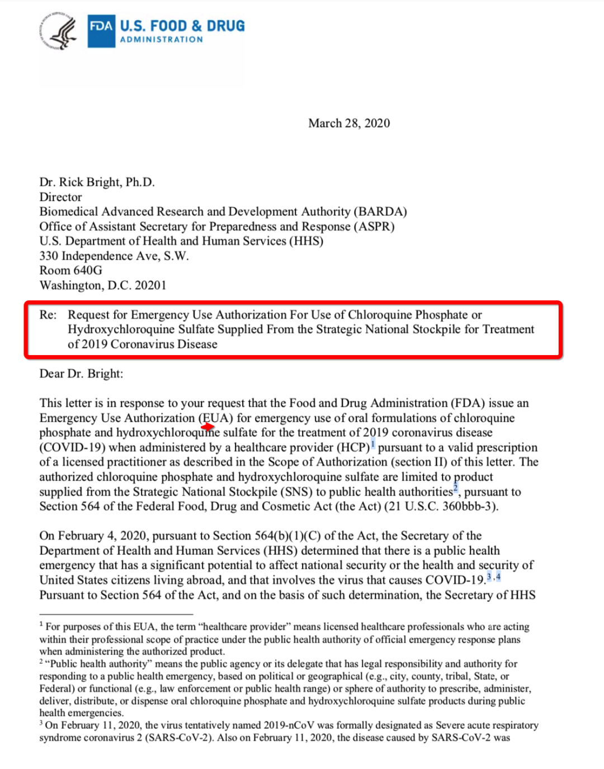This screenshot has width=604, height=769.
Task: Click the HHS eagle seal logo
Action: pyautogui.click(x=58, y=31)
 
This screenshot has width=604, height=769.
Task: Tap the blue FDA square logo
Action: pyautogui.click(x=101, y=31)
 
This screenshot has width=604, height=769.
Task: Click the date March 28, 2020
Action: pyautogui.click(x=349, y=123)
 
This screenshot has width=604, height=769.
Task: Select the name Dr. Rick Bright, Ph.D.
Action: pyautogui.click(x=97, y=182)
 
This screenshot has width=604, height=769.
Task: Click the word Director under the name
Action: pyautogui.click(x=60, y=197)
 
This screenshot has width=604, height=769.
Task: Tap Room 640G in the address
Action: pyautogui.click(x=70, y=270)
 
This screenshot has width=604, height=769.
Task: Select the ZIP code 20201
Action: pyautogui.click(x=150, y=285)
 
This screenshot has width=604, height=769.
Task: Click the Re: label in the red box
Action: pyautogui.click(x=48, y=315)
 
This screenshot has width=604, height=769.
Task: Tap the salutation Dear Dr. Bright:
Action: pyautogui.click(x=81, y=374)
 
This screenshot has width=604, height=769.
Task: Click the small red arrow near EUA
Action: pyautogui.click(x=208, y=427)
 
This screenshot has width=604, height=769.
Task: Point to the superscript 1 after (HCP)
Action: pyautogui.click(x=373, y=445)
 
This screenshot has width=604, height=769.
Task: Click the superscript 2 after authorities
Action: pyautogui.click(x=455, y=489)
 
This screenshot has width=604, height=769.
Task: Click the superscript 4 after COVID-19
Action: pyautogui.click(x=498, y=577)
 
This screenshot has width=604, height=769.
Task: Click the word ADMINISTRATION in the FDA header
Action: pyautogui.click(x=162, y=40)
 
